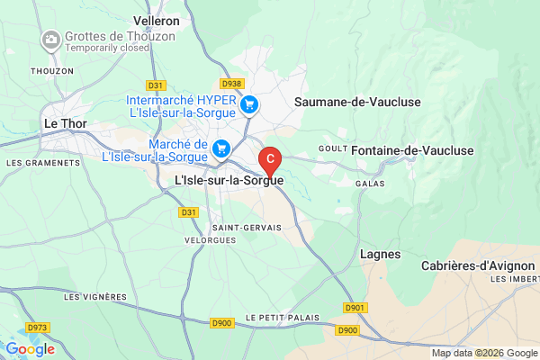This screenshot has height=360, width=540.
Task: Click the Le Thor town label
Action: (63, 126)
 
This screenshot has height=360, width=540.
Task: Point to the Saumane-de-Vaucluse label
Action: (357, 102)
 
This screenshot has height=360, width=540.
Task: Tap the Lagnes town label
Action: (381, 255)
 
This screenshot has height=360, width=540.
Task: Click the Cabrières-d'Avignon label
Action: (476, 265)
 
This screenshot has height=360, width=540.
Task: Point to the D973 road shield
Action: (37, 328)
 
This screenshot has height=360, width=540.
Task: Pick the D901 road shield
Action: (355, 308)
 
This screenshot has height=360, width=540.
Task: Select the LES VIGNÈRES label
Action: (96, 296)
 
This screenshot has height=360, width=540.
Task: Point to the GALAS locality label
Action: (369, 182)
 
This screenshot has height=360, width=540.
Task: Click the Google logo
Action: (30, 348)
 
